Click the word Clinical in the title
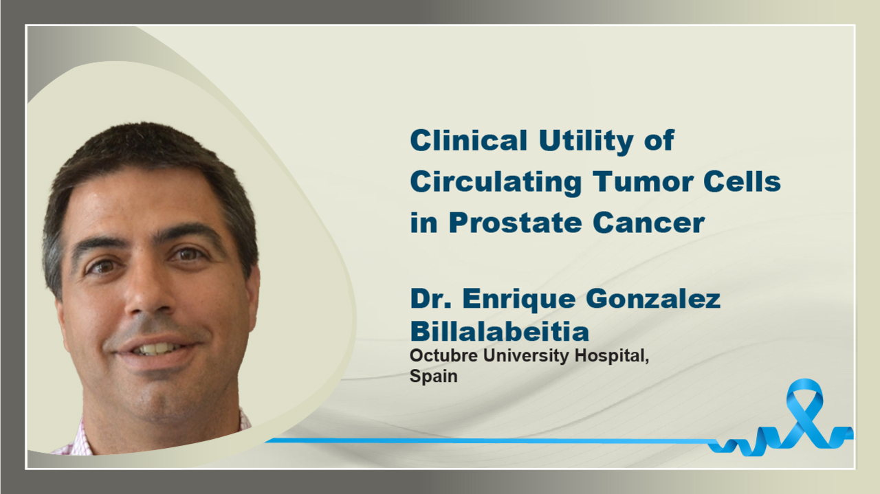[468, 140]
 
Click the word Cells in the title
[742, 181]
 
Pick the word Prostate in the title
[515, 223]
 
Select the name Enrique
[519, 300]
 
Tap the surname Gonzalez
[653, 300]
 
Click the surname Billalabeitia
[499, 331]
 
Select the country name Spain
[433, 377]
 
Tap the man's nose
[146, 291]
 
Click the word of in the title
[659, 140]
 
